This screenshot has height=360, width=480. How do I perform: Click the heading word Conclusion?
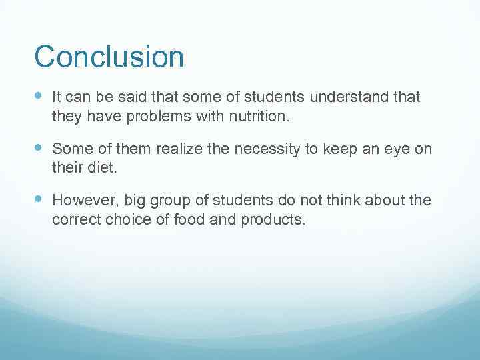tap(109, 57)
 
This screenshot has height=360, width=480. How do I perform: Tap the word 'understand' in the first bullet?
tap(351, 98)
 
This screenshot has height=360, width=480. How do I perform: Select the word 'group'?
tap(163, 200)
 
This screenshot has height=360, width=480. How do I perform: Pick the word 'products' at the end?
tap(274, 219)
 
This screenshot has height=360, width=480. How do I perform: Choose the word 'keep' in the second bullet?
tap(339, 149)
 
